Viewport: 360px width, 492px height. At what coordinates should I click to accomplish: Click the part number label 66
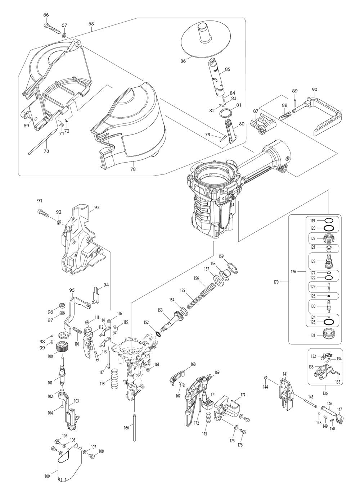click(x=46, y=15)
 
